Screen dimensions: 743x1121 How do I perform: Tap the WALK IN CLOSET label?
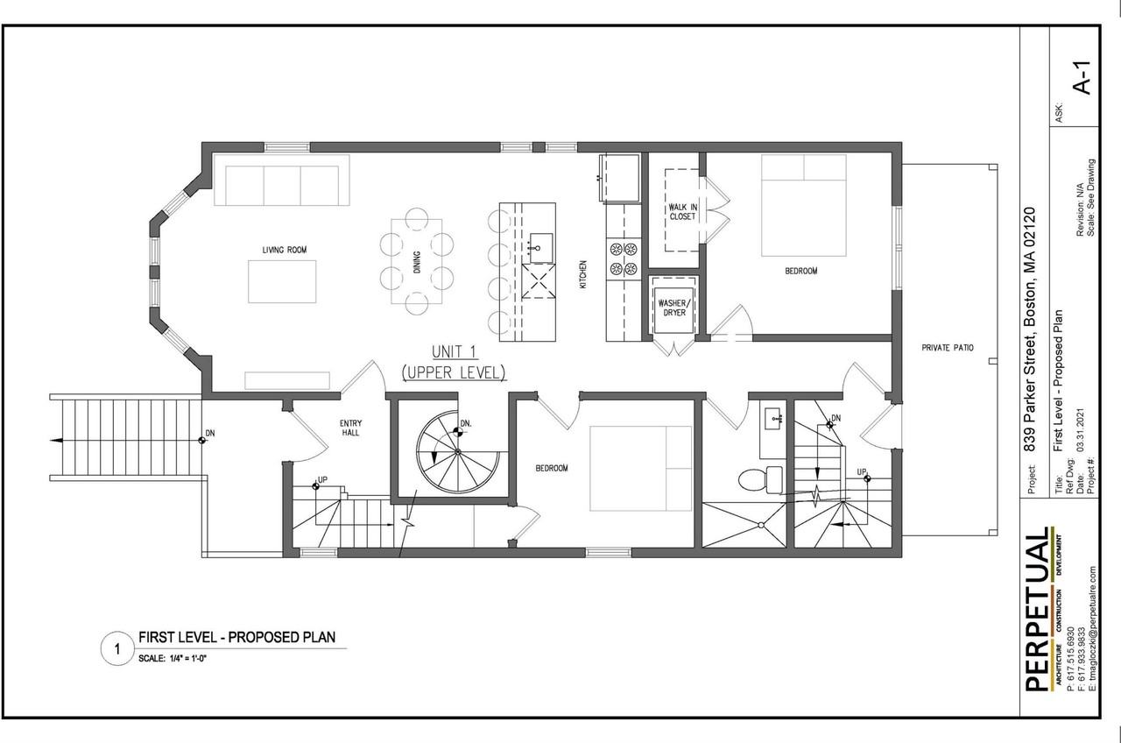click(682, 211)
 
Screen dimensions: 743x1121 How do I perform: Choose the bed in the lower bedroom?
click(640, 469)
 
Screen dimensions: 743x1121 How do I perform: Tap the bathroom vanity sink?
click(773, 420)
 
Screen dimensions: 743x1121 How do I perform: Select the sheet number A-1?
click(1083, 80)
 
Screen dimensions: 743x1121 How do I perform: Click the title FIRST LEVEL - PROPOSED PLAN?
click(236, 637)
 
